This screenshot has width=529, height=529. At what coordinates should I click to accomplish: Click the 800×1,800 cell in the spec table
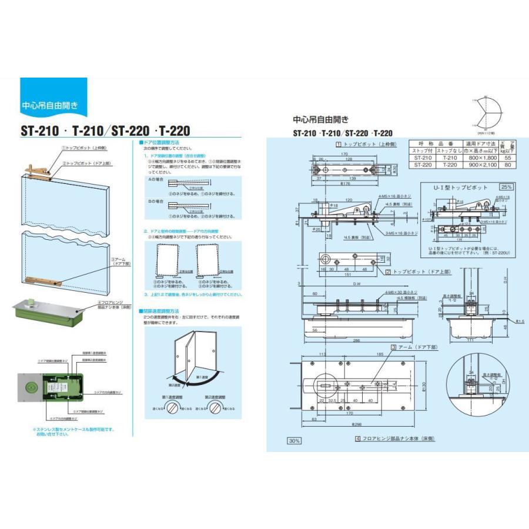(x=480, y=158)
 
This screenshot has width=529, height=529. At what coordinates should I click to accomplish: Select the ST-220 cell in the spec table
(x=424, y=165)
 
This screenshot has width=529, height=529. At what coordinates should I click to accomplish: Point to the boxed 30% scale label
(x=294, y=441)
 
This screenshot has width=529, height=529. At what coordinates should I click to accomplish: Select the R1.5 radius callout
(x=520, y=322)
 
